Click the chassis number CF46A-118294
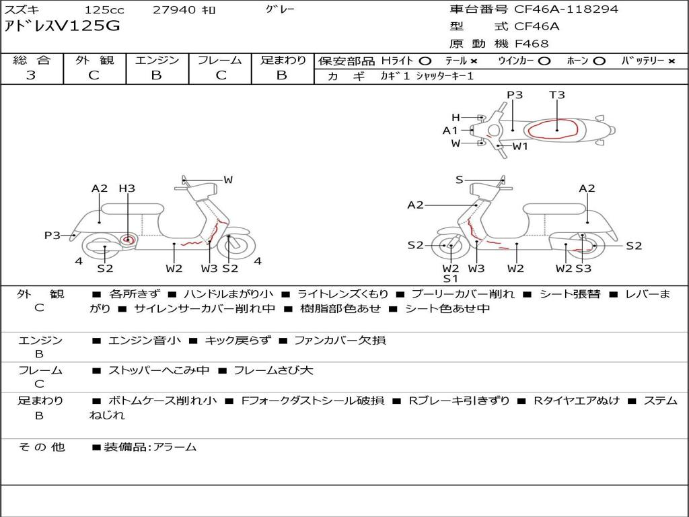coord(566,9)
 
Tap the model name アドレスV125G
coord(62,26)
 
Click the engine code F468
coord(532,44)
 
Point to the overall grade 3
coord(31,75)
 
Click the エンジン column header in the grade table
coord(157,60)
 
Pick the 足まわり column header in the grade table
coord(283,60)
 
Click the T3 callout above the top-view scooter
coord(556,94)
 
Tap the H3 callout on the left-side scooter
coord(127,188)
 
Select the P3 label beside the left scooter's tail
coord(52,235)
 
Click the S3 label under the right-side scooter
coord(583,268)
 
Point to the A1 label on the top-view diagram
coord(450,130)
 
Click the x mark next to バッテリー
coord(672,61)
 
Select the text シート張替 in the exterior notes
coord(569,294)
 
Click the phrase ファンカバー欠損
coord(340,340)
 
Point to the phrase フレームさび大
coord(273,371)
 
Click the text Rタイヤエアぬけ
coord(577,401)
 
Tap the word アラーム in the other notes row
coord(174,448)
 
